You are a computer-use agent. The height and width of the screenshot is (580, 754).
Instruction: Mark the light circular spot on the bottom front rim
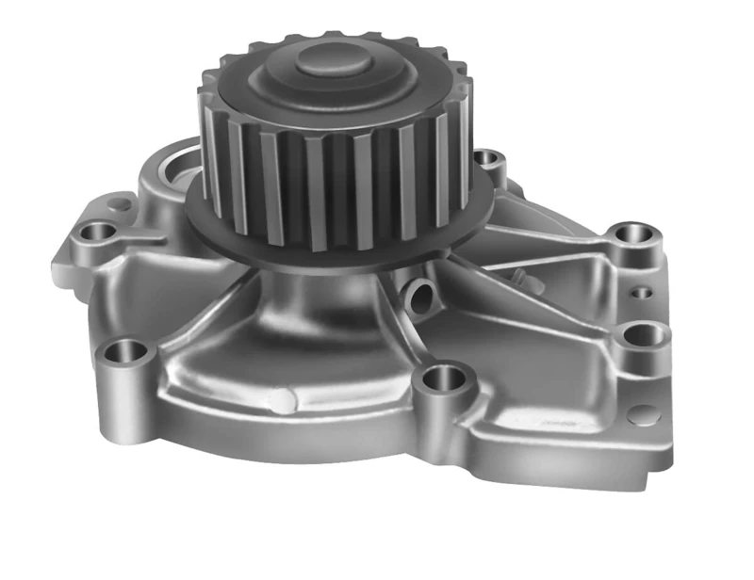280,400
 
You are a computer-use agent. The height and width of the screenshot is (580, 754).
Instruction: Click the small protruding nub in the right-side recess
517,276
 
